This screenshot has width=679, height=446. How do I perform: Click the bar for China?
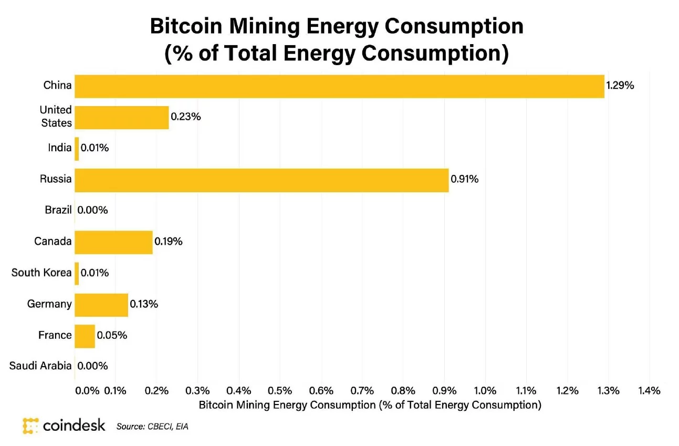pos(339,86)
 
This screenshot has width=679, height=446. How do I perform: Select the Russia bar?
pos(262,180)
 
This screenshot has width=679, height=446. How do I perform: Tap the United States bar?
pos(122,117)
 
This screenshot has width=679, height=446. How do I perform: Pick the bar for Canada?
pos(113,242)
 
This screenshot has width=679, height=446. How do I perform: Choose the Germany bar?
pos(101,305)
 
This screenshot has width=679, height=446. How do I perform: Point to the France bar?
pos(85,336)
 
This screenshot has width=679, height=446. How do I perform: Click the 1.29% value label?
pos(620,86)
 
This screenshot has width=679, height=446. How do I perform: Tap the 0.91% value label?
pos(465,180)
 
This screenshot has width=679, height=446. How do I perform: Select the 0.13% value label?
pos(144,304)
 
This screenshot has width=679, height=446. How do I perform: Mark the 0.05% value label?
pos(111,335)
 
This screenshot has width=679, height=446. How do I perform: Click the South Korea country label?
pos(41,273)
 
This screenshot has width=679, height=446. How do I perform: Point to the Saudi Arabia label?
pos(40,366)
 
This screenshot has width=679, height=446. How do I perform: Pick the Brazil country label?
pos(58,210)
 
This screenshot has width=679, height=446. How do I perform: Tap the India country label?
pos(59,148)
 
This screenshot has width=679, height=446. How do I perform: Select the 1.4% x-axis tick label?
pos(649,391)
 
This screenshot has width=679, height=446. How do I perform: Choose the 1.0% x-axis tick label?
pos(485,391)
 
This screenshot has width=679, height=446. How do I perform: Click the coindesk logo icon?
pos(30,426)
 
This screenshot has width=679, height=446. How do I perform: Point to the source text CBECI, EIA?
pos(152,427)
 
